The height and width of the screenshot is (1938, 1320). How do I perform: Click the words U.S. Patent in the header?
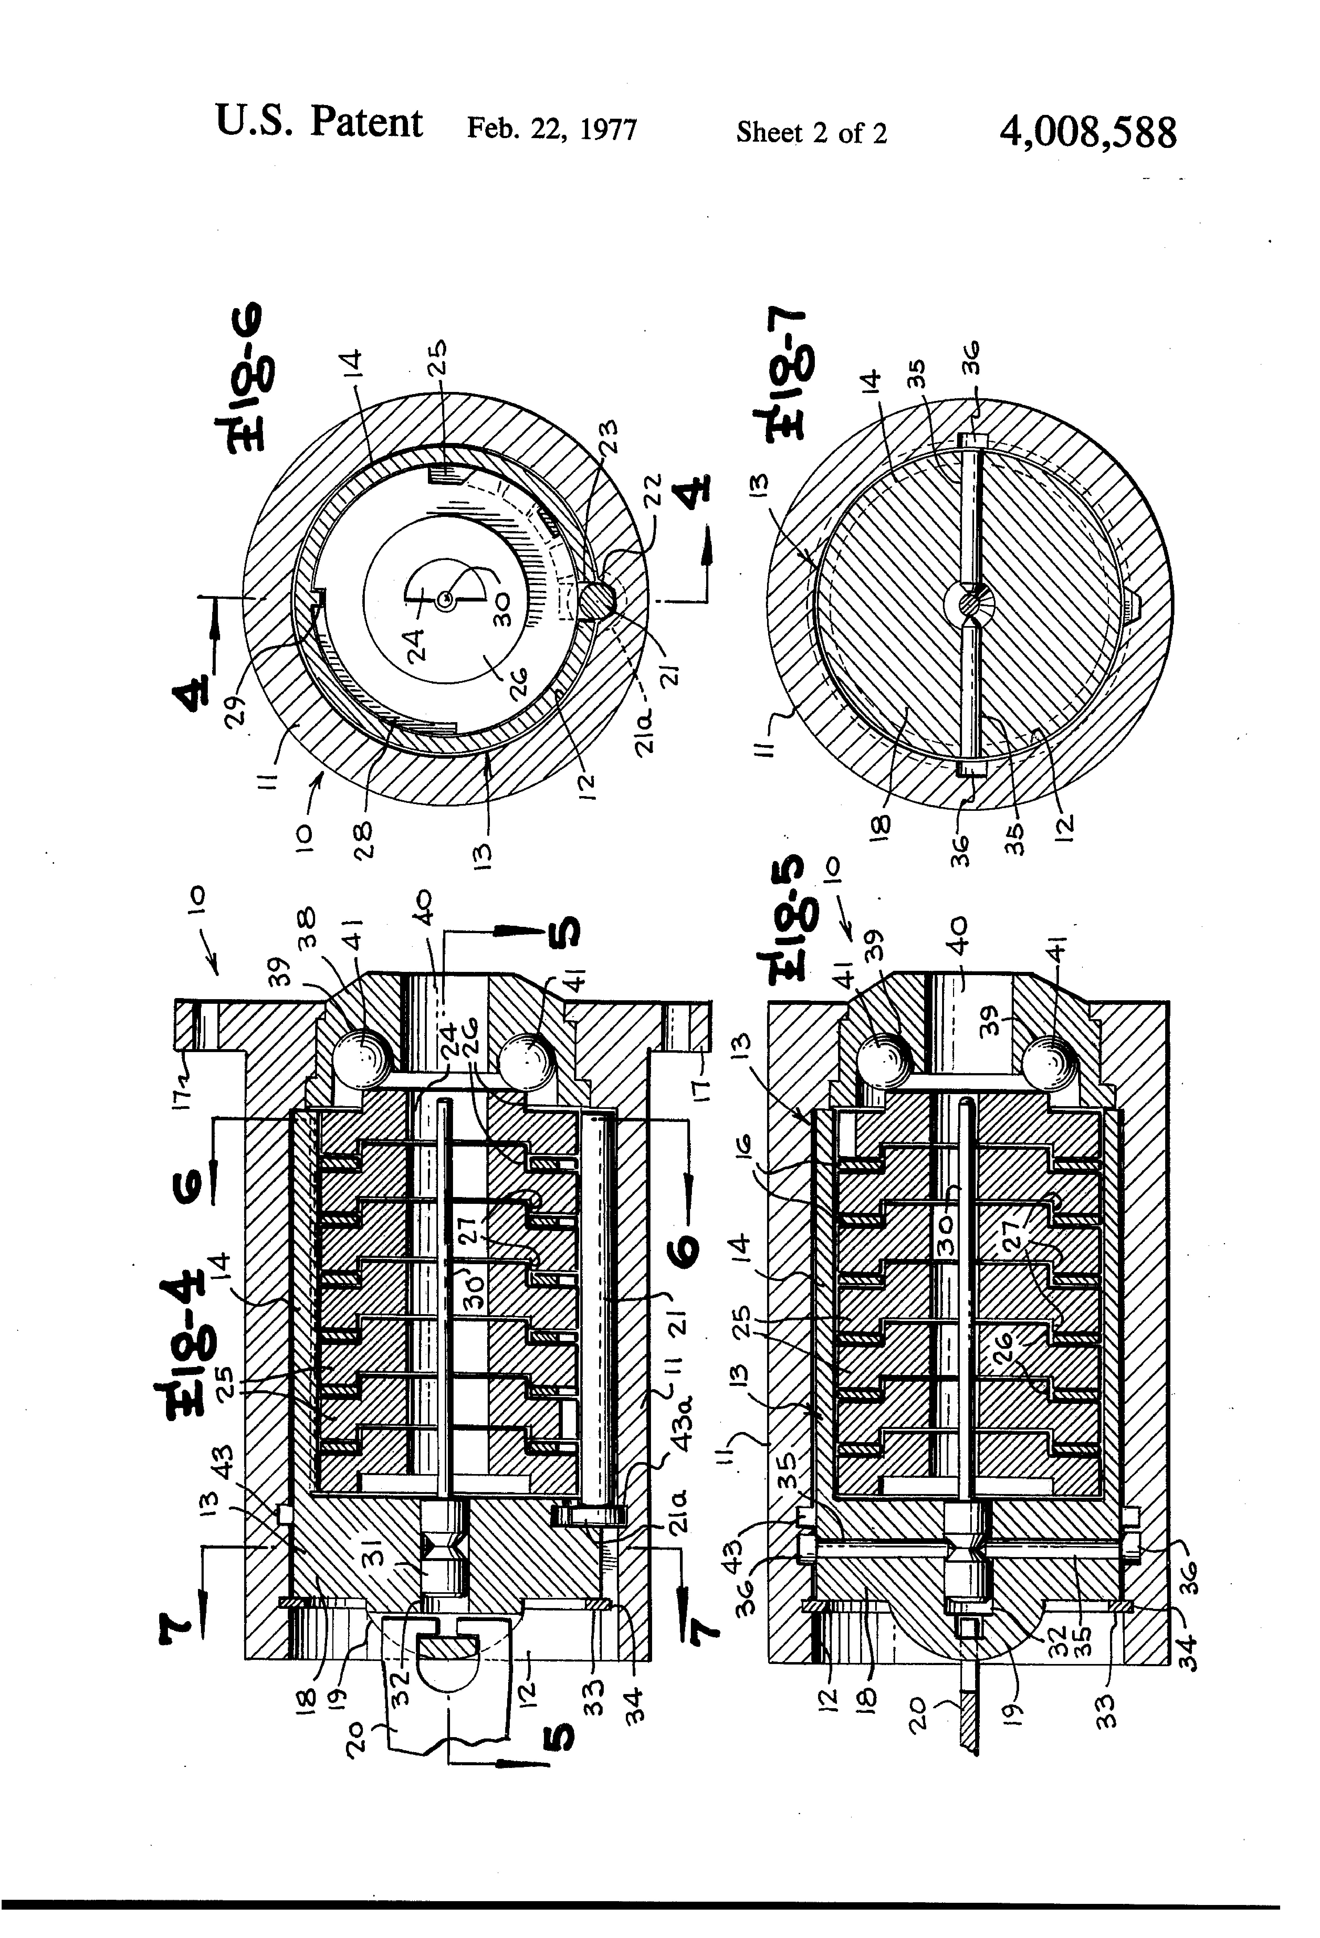coord(319,123)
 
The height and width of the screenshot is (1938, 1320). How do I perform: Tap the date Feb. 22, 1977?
coord(552,129)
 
